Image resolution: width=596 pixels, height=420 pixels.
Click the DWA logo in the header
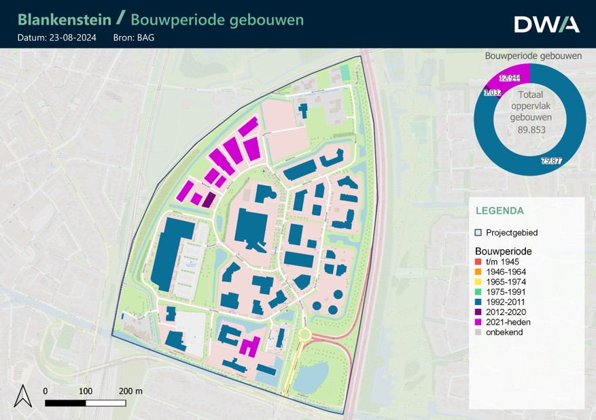point(546,24)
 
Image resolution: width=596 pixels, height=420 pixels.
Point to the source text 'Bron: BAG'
point(134,37)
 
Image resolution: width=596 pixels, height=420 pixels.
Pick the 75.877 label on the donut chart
point(551,161)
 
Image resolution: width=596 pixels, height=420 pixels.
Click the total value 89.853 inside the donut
point(531,129)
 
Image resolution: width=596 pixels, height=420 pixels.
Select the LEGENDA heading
point(499,211)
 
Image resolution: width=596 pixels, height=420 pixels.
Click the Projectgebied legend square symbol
point(478,233)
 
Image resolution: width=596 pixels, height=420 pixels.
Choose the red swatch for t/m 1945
point(478,261)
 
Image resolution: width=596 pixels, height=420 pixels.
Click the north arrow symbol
point(23,395)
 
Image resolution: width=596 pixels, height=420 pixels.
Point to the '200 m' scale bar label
point(130,391)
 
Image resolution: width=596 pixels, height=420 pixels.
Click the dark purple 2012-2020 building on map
point(209,199)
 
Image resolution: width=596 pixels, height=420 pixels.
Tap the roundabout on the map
point(304,335)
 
